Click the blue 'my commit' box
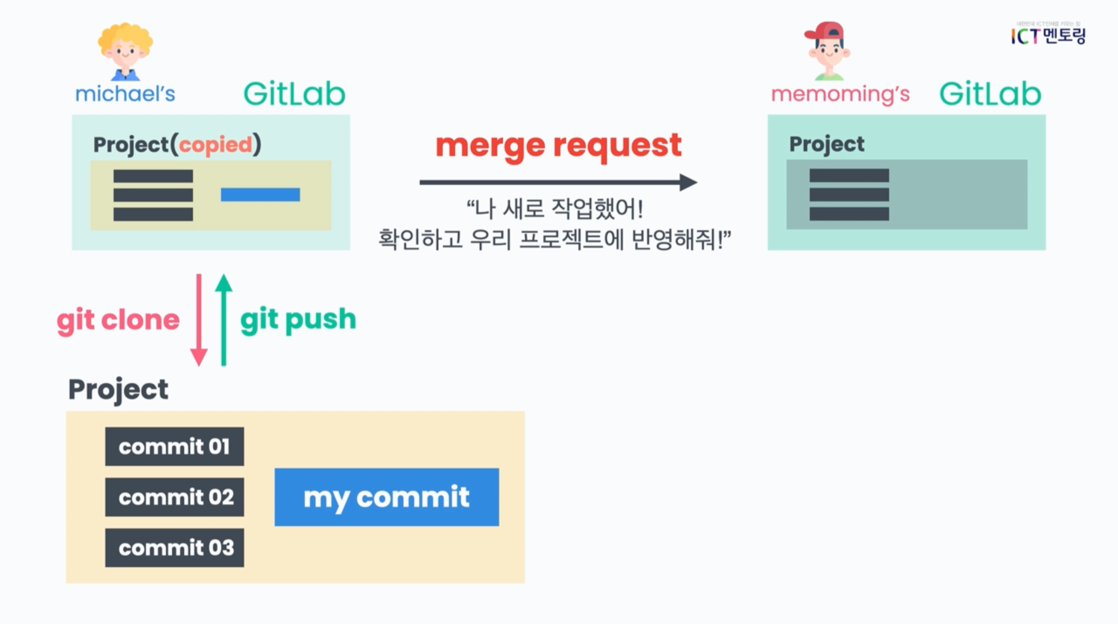point(386,497)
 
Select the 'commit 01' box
point(174,447)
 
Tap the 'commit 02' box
point(174,497)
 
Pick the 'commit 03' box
point(174,548)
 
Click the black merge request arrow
point(558,182)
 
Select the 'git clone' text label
point(118,321)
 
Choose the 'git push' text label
point(298,320)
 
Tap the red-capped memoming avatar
point(827,51)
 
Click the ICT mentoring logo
point(1048,35)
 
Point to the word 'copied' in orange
point(215,145)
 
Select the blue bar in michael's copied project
point(260,194)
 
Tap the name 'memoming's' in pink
point(840,94)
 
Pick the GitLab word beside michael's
point(294,94)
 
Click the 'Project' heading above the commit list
point(118,389)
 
